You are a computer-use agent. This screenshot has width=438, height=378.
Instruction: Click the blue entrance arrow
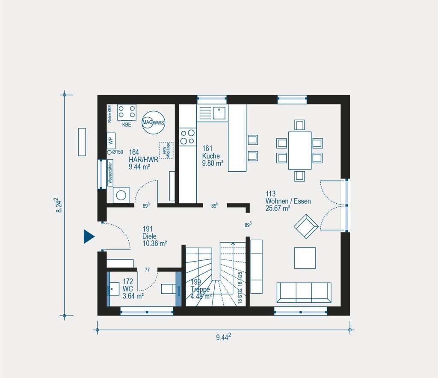pyautogui.click(x=89, y=236)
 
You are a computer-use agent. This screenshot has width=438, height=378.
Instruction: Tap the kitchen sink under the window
pyautogui.click(x=219, y=113)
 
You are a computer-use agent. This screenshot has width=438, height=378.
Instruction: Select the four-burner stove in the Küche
pyautogui.click(x=187, y=137)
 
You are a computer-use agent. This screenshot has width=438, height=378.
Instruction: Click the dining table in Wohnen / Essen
pyautogui.click(x=299, y=150)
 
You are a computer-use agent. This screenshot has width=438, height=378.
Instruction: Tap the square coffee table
pyautogui.click(x=305, y=258)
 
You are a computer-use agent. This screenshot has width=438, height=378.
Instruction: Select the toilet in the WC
pyautogui.click(x=168, y=289)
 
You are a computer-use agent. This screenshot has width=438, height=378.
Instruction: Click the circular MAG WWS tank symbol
pyautogui.click(x=153, y=122)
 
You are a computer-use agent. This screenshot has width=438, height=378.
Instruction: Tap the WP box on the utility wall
pyautogui.click(x=110, y=140)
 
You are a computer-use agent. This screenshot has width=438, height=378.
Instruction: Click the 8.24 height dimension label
pyautogui.click(x=59, y=205)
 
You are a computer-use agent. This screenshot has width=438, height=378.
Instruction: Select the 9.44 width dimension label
pyautogui.click(x=223, y=338)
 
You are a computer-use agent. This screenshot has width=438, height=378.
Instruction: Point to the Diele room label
pyautogui.click(x=150, y=236)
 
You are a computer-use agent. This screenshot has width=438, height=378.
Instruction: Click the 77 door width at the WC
pyautogui.click(x=147, y=270)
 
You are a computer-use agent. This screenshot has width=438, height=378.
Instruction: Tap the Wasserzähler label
pyautogui.click(x=110, y=173)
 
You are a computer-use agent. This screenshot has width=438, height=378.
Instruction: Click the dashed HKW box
pyautogui.click(x=165, y=150)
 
